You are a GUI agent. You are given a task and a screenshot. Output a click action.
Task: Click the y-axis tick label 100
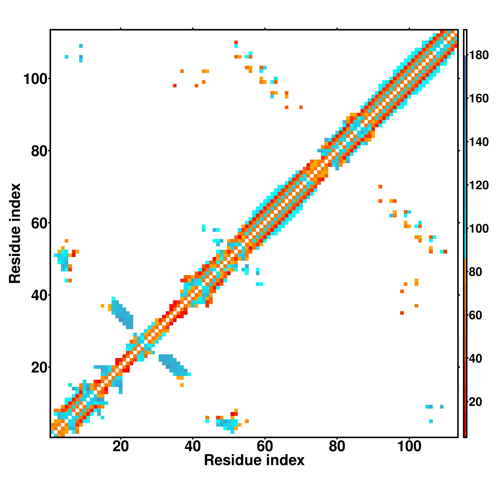click(36, 79)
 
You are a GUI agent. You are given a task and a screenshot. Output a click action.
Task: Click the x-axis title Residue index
click(254, 468)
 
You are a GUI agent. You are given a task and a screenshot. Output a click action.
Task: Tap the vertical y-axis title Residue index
click(15, 233)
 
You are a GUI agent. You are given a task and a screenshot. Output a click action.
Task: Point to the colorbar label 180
click(479, 55)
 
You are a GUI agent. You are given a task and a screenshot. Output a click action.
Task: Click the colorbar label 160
click(479, 98)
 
